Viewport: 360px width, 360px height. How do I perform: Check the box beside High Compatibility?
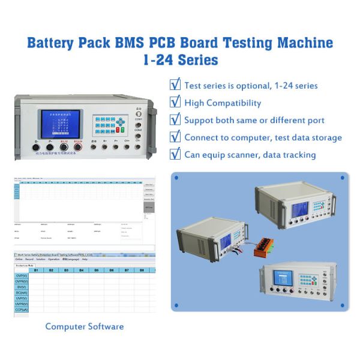coord(175,102)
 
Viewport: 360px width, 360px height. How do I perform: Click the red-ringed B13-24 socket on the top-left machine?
coord(77,147)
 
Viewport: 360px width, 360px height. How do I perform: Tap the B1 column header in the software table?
coord(36,271)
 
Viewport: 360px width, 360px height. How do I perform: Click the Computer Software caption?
coord(85,327)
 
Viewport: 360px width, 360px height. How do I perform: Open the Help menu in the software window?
coord(85,259)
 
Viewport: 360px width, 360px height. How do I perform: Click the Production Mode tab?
coord(25,265)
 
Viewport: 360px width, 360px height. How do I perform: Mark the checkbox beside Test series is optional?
coord(175,85)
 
